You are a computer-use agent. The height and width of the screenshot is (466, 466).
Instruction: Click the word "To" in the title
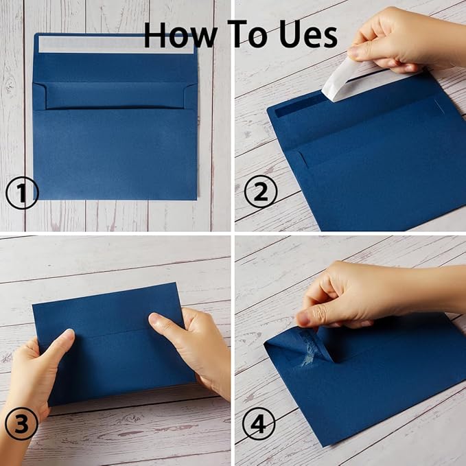245,34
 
